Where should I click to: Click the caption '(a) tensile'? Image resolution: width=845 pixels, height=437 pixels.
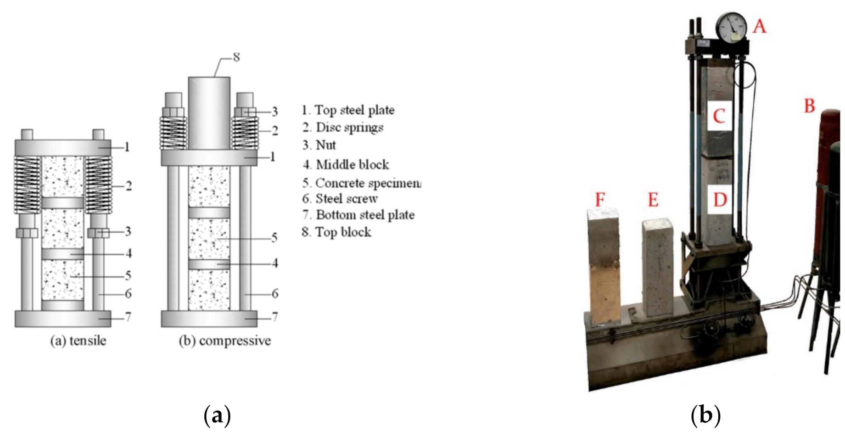78,341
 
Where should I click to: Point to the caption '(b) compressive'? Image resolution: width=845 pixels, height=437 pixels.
224,341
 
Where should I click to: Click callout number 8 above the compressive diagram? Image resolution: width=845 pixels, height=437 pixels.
236,57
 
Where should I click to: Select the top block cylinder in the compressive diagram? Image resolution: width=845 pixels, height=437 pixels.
209,112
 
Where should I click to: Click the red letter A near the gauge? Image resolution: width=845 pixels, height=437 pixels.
759,26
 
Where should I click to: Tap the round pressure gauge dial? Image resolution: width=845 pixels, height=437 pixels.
732,28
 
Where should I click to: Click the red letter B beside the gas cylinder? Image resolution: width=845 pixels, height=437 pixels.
809,106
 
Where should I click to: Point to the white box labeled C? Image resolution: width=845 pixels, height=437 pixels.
719,116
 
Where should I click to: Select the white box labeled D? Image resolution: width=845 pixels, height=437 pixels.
720,200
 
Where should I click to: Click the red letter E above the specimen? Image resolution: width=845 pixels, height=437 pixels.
653,200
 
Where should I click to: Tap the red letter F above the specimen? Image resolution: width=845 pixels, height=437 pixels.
599,200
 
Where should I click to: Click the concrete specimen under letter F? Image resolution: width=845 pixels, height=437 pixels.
604,266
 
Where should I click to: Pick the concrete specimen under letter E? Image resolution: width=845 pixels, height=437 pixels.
658,269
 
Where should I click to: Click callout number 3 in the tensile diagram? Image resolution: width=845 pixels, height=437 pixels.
128,231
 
